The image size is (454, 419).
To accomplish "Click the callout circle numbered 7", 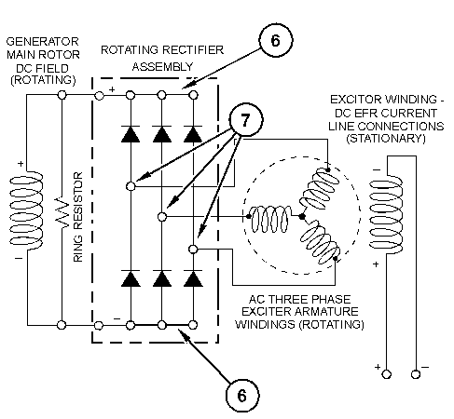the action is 246,119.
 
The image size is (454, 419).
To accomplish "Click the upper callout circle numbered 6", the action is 276,40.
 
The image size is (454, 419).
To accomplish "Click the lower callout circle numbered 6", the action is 242,396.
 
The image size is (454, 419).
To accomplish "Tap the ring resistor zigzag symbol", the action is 62,212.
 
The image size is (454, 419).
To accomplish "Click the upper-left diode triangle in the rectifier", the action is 131,134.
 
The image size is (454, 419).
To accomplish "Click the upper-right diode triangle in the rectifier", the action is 193,134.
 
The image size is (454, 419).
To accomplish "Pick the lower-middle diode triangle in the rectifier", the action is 162,278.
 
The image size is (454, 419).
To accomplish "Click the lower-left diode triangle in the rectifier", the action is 131,278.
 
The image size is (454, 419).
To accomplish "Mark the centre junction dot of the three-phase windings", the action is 302,217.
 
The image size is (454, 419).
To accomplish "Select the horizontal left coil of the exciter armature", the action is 270,219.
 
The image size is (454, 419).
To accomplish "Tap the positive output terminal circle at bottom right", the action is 387,374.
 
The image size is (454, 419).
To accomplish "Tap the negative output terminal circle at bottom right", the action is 416,374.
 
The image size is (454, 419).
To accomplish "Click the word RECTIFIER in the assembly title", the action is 193,50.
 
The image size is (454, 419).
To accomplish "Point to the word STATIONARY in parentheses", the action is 386,139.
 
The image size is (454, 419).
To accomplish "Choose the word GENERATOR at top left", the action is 43,42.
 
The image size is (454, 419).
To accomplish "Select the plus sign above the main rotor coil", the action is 21,163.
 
